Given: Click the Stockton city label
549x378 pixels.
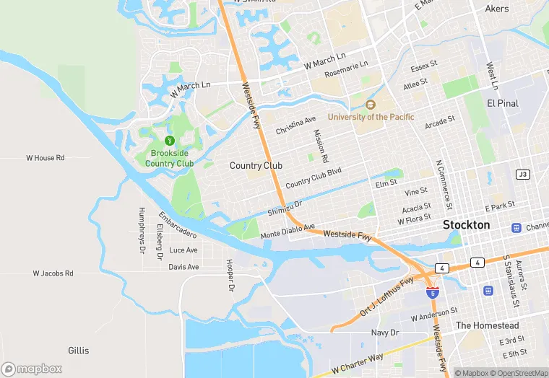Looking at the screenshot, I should coord(466,225).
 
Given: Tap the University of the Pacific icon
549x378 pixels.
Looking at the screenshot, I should coord(371,105).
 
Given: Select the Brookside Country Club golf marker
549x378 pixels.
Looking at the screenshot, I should coord(170,140).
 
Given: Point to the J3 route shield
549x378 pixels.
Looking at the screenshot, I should coord(522,175).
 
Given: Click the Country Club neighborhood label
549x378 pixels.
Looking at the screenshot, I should coord(256,166).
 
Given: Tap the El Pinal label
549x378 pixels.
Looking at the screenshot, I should coord(503,103).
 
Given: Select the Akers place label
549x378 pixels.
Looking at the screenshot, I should coord(497,9).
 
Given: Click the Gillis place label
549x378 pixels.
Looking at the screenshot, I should coord(79,351).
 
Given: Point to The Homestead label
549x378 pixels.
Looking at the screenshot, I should coord(487,325).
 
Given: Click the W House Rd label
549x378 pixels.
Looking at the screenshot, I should coord(46,157).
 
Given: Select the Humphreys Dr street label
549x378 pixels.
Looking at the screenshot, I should coord(142,230).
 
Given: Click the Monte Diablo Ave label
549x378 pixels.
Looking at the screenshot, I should coord(288,232).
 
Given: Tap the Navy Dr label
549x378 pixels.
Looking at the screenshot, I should coord(384,333).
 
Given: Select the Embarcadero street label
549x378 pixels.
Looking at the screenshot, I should coord(178,225).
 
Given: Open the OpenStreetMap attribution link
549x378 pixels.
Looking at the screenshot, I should coord(519,373).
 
